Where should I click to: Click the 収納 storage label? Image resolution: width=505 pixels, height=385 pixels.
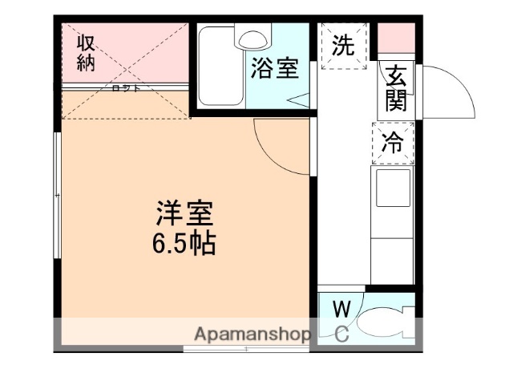(86, 52)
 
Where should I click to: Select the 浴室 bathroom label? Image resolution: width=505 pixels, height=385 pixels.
(274, 69)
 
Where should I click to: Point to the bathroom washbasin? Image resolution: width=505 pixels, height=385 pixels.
(252, 38)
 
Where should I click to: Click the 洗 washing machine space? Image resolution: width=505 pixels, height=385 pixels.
(343, 46)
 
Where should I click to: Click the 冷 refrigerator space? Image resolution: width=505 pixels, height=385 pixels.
(393, 143)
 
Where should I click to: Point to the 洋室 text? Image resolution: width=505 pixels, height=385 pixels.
(184, 215)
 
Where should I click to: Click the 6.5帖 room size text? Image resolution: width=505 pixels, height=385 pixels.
(184, 243)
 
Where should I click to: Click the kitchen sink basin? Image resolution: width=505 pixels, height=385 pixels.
(392, 192)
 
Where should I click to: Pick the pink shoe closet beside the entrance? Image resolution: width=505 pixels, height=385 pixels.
(396, 38)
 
